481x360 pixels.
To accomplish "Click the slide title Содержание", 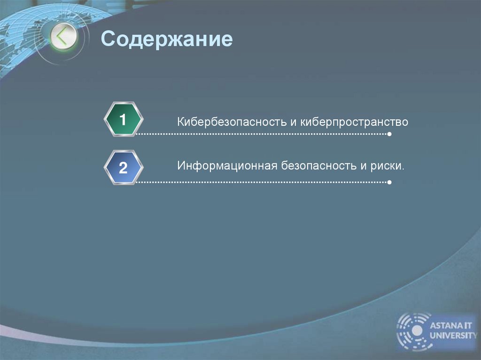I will [x=167, y=39].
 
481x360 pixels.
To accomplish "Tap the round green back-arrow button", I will [x=63, y=37].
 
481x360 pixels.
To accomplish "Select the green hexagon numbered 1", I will [x=123, y=120].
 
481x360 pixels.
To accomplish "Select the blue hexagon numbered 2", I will [x=123, y=168].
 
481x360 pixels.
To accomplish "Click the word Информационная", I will [x=227, y=166].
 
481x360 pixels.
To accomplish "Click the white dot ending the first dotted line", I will [x=389, y=135].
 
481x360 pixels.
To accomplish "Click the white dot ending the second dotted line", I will [x=389, y=182].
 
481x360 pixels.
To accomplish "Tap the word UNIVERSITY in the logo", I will [x=452, y=335].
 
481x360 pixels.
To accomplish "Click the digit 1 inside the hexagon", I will [x=123, y=120].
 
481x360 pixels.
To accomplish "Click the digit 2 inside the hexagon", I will [x=123, y=168].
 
